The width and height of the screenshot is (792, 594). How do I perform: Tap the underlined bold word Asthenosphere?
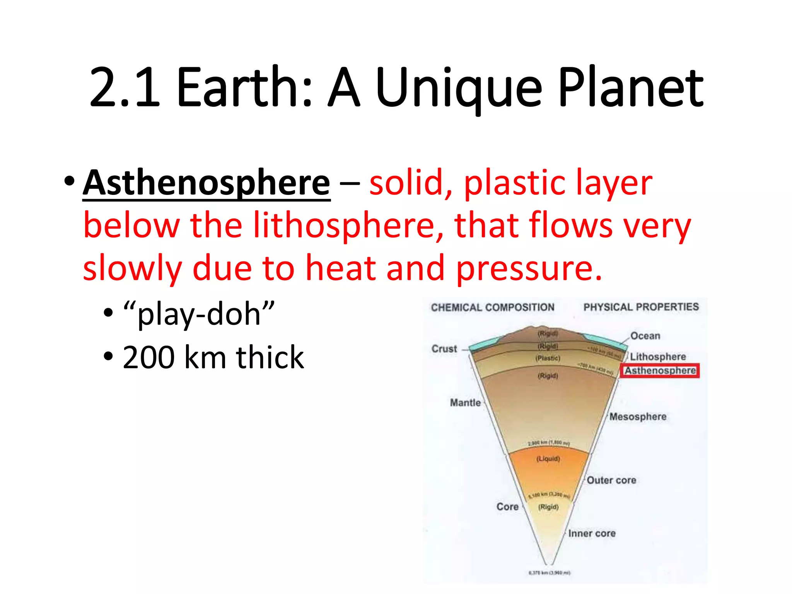click(207, 183)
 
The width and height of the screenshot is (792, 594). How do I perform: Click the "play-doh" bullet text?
click(199, 313)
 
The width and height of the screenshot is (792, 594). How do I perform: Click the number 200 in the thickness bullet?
click(148, 357)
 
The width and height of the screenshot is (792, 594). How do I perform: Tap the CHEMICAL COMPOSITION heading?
click(493, 307)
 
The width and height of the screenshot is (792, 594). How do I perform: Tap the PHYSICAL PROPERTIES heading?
click(641, 307)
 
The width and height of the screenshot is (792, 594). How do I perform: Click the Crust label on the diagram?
click(444, 349)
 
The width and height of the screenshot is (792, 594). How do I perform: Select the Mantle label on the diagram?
click(465, 403)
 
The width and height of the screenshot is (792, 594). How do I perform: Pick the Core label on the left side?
click(507, 507)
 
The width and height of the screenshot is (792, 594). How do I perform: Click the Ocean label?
click(645, 336)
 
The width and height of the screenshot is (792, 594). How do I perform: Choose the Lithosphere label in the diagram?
click(658, 357)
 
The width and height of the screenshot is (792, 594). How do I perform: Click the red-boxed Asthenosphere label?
click(660, 370)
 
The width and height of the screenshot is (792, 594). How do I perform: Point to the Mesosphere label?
click(638, 416)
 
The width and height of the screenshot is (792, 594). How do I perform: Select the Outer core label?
click(611, 480)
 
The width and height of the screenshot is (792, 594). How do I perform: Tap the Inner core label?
click(592, 533)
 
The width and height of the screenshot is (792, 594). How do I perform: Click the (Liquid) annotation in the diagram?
click(548, 459)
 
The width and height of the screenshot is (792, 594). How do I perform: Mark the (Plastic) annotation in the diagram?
click(548, 358)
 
